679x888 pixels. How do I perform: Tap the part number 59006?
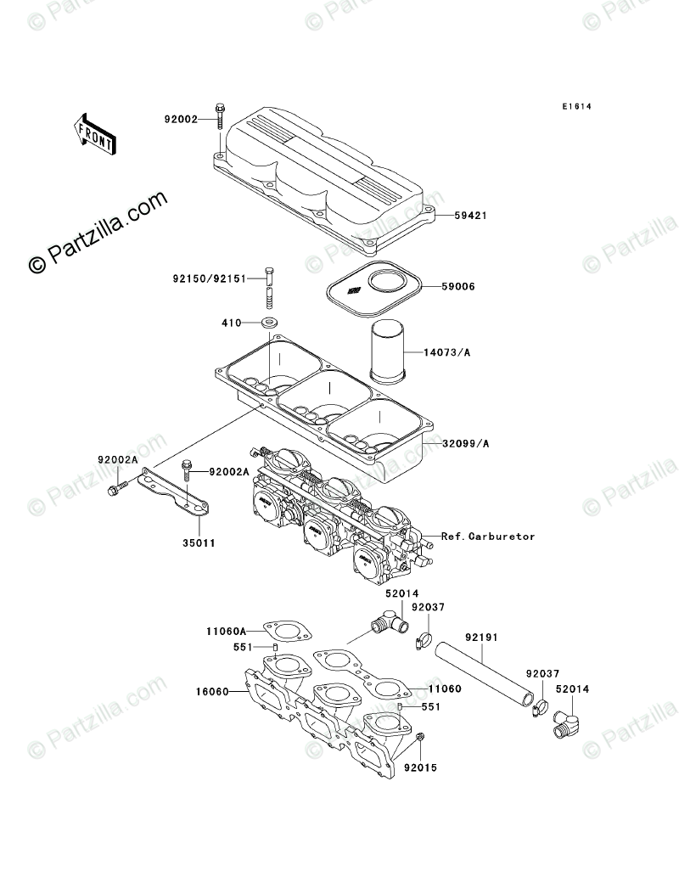click(457, 287)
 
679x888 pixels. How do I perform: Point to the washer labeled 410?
click(271, 323)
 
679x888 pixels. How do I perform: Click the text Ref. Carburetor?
click(488, 537)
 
